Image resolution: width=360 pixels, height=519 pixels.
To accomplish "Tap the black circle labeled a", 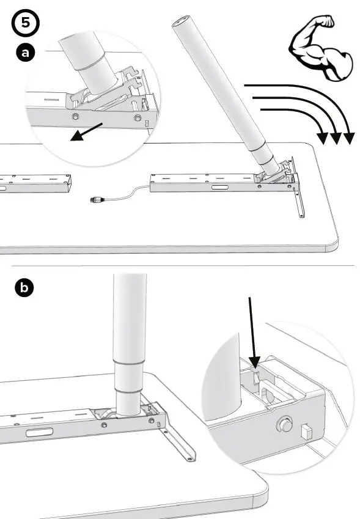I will click(25, 53).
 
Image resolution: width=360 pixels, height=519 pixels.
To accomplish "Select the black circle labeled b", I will click(25, 288).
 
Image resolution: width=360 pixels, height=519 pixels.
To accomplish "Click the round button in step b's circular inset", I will click(284, 423).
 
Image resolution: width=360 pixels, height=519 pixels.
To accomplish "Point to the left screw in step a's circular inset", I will click(75, 117).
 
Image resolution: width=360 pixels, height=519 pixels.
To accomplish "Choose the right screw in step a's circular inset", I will click(138, 118).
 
